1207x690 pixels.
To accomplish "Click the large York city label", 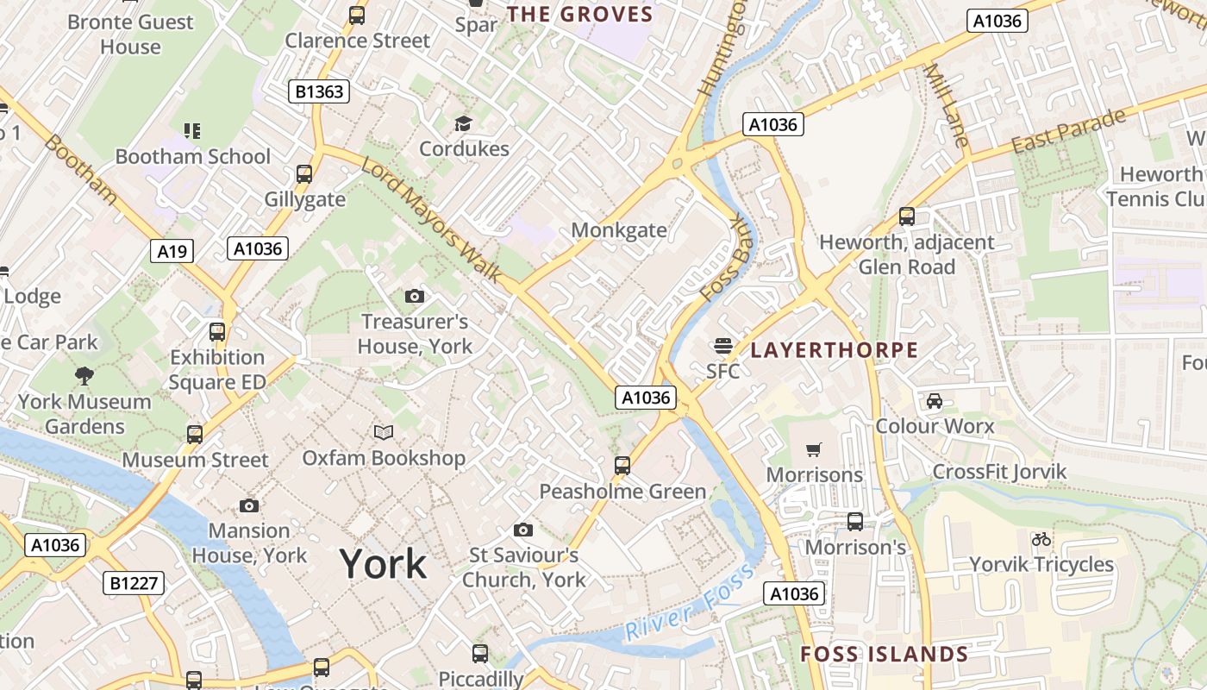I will coord(383,564).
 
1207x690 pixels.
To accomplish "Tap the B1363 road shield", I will coord(319,91).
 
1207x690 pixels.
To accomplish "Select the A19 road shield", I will coord(172,251).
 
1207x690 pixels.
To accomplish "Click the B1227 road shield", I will coord(134,583).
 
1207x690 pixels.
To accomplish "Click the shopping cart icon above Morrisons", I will coord(813,449).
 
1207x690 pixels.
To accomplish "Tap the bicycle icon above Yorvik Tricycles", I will coord(1041,539).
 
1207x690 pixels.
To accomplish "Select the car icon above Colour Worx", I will coord(934,401).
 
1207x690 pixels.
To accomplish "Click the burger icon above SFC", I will coord(722,347).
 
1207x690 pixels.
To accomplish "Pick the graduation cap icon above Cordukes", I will coord(463,123).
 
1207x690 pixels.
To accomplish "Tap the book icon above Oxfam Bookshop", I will coord(384,432).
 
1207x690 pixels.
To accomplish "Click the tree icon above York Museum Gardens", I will coord(84,375).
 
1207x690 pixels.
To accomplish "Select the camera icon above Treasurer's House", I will coord(415,297).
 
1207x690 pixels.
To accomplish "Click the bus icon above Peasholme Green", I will coord(622,466).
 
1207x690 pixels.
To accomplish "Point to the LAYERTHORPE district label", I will coord(834,350).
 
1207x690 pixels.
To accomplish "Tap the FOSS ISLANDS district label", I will coord(884,654).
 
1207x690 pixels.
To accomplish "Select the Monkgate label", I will coord(619,230).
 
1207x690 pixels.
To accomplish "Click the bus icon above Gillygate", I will coord(304,174).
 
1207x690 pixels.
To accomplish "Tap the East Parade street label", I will coord(1068,131).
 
